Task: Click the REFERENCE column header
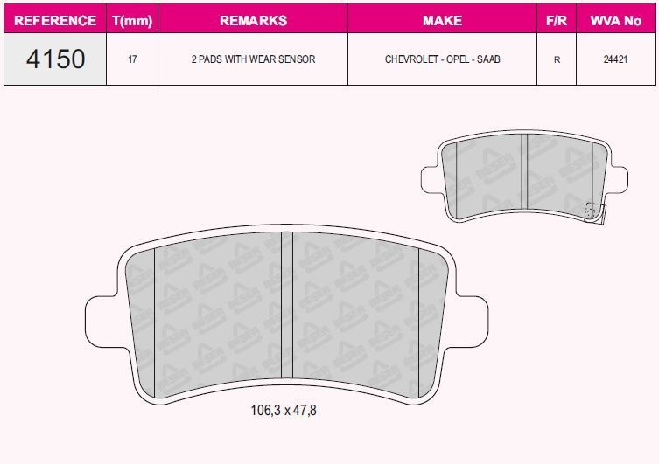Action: point(55,20)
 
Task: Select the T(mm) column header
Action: point(132,20)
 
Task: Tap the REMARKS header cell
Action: point(252,20)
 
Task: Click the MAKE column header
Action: point(442,20)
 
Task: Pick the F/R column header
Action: point(557,20)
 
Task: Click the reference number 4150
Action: point(55,59)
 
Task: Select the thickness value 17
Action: point(132,60)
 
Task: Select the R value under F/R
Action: point(557,60)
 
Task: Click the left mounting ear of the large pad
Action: point(101,323)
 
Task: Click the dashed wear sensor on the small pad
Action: point(592,210)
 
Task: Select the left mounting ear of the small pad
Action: point(431,179)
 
